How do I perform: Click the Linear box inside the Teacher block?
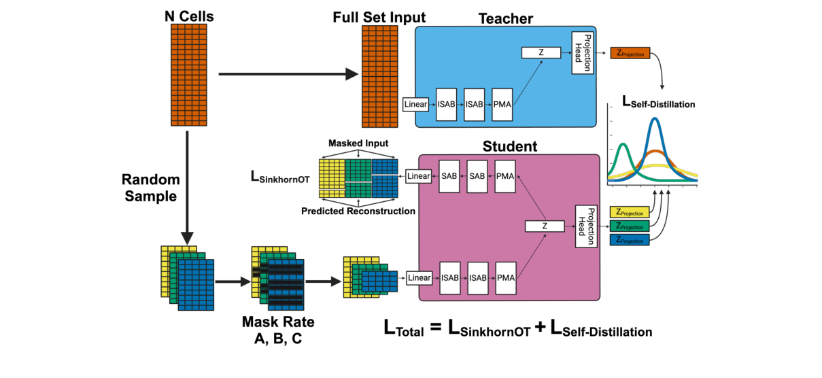tap(416, 105)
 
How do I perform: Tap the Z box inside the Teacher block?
tap(541, 52)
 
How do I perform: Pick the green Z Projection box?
tap(631, 226)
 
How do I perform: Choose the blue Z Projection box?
tap(631, 239)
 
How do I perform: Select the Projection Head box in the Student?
tap(586, 226)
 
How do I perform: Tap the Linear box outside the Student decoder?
tap(419, 176)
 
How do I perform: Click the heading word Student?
tap(509, 146)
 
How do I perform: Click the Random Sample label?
tap(150, 188)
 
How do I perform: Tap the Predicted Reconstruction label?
tap(358, 211)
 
